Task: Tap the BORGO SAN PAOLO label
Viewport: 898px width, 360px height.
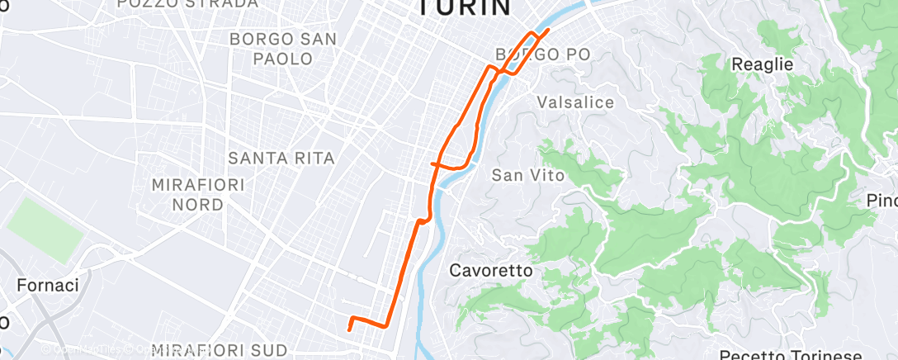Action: (x=283, y=49)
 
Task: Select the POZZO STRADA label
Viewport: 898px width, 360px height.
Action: (x=187, y=4)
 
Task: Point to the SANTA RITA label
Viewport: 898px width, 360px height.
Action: (x=281, y=158)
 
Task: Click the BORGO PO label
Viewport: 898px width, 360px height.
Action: (x=543, y=55)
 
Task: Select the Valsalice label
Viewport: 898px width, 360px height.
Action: (x=575, y=102)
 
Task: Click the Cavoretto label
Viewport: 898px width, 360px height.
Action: (x=490, y=270)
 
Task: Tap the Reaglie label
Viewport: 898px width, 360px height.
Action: (x=763, y=64)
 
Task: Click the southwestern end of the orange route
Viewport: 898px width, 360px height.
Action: (x=349, y=329)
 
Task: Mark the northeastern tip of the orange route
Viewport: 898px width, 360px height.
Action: (x=548, y=30)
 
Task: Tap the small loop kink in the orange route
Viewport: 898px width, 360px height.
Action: (x=423, y=220)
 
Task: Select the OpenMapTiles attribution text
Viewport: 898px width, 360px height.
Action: (x=78, y=349)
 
